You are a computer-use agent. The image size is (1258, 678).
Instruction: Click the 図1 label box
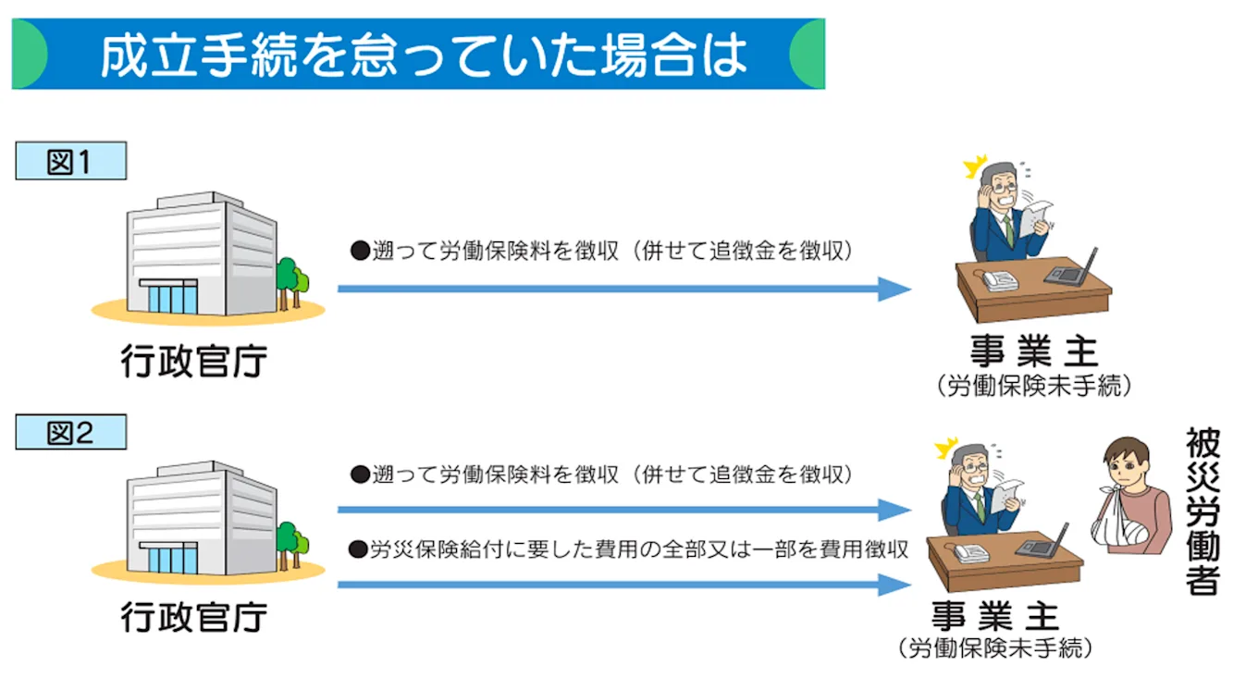(70, 162)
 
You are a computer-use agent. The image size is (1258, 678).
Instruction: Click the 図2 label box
(70, 432)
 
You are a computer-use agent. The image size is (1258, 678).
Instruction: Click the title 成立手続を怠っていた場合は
(422, 55)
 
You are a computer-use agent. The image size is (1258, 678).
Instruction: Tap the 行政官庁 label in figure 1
(193, 361)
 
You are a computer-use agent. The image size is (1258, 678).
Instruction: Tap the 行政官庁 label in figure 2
(193, 616)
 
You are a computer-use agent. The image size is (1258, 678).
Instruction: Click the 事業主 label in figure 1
(1033, 351)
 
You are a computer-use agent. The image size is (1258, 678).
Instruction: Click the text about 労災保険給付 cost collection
(628, 549)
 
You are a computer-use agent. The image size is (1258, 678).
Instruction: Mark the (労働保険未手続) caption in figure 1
(1033, 386)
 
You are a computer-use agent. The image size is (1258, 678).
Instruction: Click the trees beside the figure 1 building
(291, 277)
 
